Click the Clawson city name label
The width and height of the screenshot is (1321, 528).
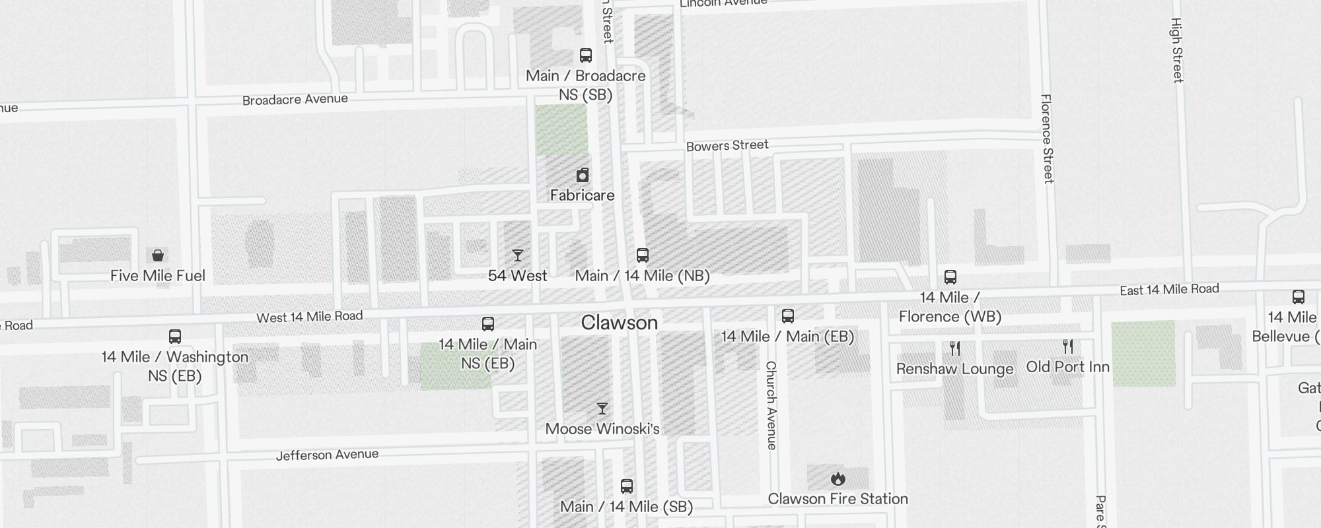point(620,323)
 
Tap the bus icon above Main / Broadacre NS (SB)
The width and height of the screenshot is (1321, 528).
point(586,55)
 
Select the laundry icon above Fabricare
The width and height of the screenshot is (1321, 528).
point(583,175)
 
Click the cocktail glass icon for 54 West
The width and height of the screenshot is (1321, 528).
point(518,255)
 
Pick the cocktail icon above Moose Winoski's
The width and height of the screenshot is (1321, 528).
point(602,409)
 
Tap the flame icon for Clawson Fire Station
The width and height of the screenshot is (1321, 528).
point(838,478)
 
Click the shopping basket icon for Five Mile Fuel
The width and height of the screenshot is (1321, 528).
point(158,255)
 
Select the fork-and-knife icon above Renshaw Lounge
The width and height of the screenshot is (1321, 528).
point(955,348)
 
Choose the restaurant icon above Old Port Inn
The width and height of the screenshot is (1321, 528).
point(1068,346)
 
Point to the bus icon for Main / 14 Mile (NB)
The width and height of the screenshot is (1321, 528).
point(643,255)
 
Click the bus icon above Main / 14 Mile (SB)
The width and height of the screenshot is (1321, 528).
point(627,487)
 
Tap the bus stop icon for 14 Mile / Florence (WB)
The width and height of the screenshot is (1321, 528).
point(950,277)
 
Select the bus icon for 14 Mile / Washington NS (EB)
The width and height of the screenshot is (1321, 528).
point(175,337)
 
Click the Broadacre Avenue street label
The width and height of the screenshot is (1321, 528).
point(295,100)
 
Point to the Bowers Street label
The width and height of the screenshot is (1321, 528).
point(727,146)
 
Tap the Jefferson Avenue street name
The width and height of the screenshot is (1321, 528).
point(328,455)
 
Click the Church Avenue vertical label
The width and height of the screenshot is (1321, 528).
point(771,405)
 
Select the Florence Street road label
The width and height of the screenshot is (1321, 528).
point(1048,139)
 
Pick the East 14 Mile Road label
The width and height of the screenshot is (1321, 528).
point(1169,289)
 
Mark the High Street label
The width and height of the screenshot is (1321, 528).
point(1177,50)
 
